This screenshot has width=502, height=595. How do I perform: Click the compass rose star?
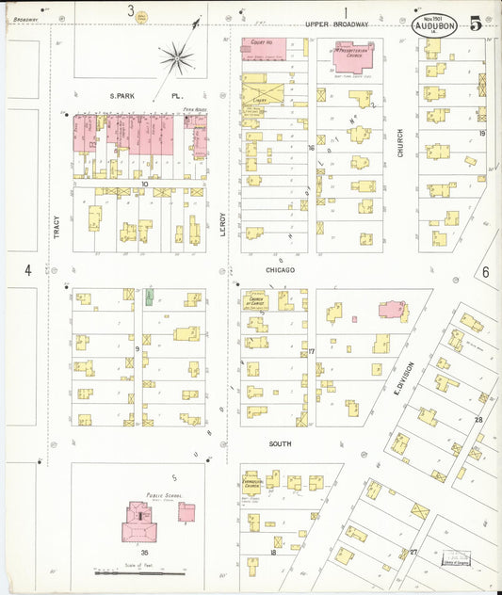pyautogui.click(x=176, y=59)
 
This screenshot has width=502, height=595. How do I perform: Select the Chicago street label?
pyautogui.click(x=280, y=270)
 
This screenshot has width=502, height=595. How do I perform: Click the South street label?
pyautogui.click(x=280, y=443)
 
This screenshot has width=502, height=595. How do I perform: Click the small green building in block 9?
pyautogui.click(x=149, y=297)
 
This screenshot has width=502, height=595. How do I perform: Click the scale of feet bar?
pyautogui.click(x=139, y=572)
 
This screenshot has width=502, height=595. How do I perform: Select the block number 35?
pyautogui.click(x=143, y=553)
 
